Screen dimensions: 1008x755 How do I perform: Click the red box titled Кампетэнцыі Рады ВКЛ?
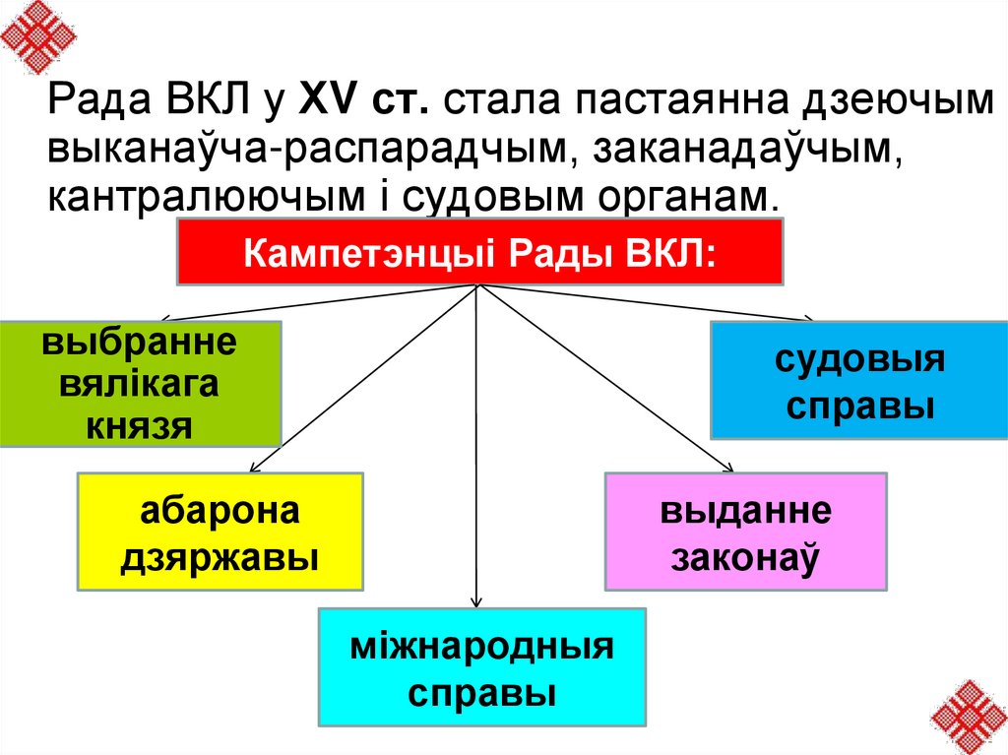[x=479, y=252]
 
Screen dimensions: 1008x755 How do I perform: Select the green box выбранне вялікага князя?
[x=141, y=384]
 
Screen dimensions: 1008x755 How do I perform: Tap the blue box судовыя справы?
[x=859, y=379]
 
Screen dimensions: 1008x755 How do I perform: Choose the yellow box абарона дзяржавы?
[x=220, y=532]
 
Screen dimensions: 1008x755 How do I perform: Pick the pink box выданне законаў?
[x=746, y=532]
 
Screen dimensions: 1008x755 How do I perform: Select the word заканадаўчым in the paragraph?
[x=739, y=145]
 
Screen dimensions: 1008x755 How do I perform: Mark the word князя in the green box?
[x=141, y=424]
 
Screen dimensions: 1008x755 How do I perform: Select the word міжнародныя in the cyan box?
[x=481, y=648]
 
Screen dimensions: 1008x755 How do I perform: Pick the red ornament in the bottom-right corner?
[x=969, y=716]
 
